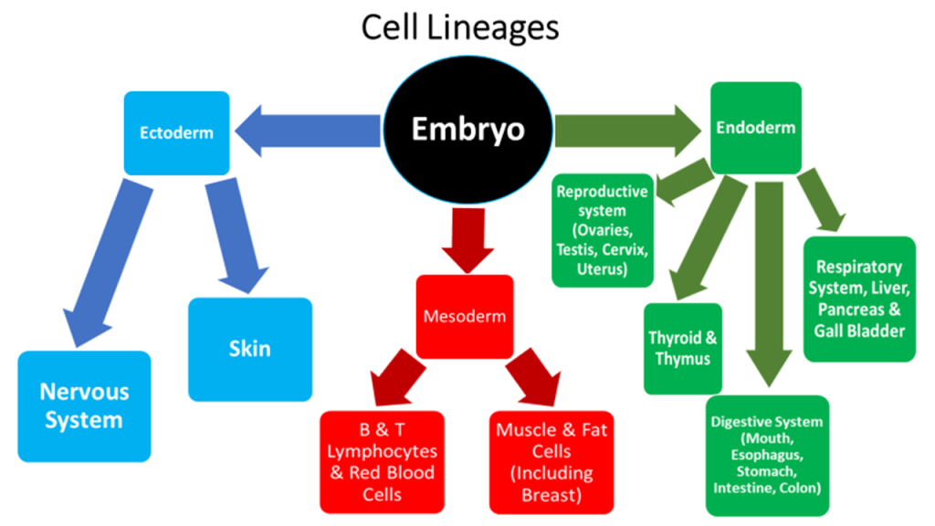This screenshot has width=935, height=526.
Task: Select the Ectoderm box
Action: coord(176,132)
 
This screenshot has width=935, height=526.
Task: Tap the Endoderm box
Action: coord(755,129)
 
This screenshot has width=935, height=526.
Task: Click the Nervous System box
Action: coord(84,406)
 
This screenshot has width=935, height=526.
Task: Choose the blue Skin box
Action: coord(250,348)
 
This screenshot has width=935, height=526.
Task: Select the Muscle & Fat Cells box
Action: coord(544,461)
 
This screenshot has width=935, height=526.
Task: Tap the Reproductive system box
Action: coord(602,230)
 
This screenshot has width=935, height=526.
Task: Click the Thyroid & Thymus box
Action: coord(682,348)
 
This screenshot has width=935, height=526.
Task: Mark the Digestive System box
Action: coord(768,455)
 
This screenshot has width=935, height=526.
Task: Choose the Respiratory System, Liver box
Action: coord(859,299)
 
